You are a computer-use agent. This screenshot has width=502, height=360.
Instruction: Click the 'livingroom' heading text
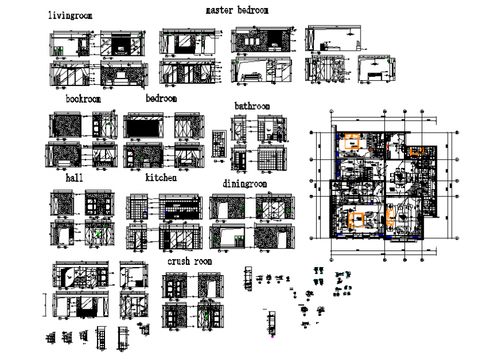(x=70, y=16)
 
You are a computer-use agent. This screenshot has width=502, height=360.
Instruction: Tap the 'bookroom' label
(x=83, y=99)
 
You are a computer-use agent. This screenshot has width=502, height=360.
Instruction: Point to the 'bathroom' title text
(x=252, y=106)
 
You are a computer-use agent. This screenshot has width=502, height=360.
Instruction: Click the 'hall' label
(x=74, y=178)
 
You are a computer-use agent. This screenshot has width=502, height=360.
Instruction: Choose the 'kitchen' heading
(x=160, y=178)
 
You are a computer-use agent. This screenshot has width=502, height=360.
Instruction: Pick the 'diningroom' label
(x=245, y=184)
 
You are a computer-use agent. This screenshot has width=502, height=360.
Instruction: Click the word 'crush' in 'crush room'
(x=179, y=262)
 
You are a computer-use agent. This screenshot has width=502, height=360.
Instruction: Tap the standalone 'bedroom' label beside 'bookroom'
(x=161, y=99)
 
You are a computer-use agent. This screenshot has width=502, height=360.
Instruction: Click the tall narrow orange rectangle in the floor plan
(x=389, y=217)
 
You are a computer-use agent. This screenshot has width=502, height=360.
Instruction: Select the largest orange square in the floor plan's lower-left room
(x=357, y=220)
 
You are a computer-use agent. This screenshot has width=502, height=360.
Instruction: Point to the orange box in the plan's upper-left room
(x=351, y=142)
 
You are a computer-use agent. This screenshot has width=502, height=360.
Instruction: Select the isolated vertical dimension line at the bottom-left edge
(x=46, y=305)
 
